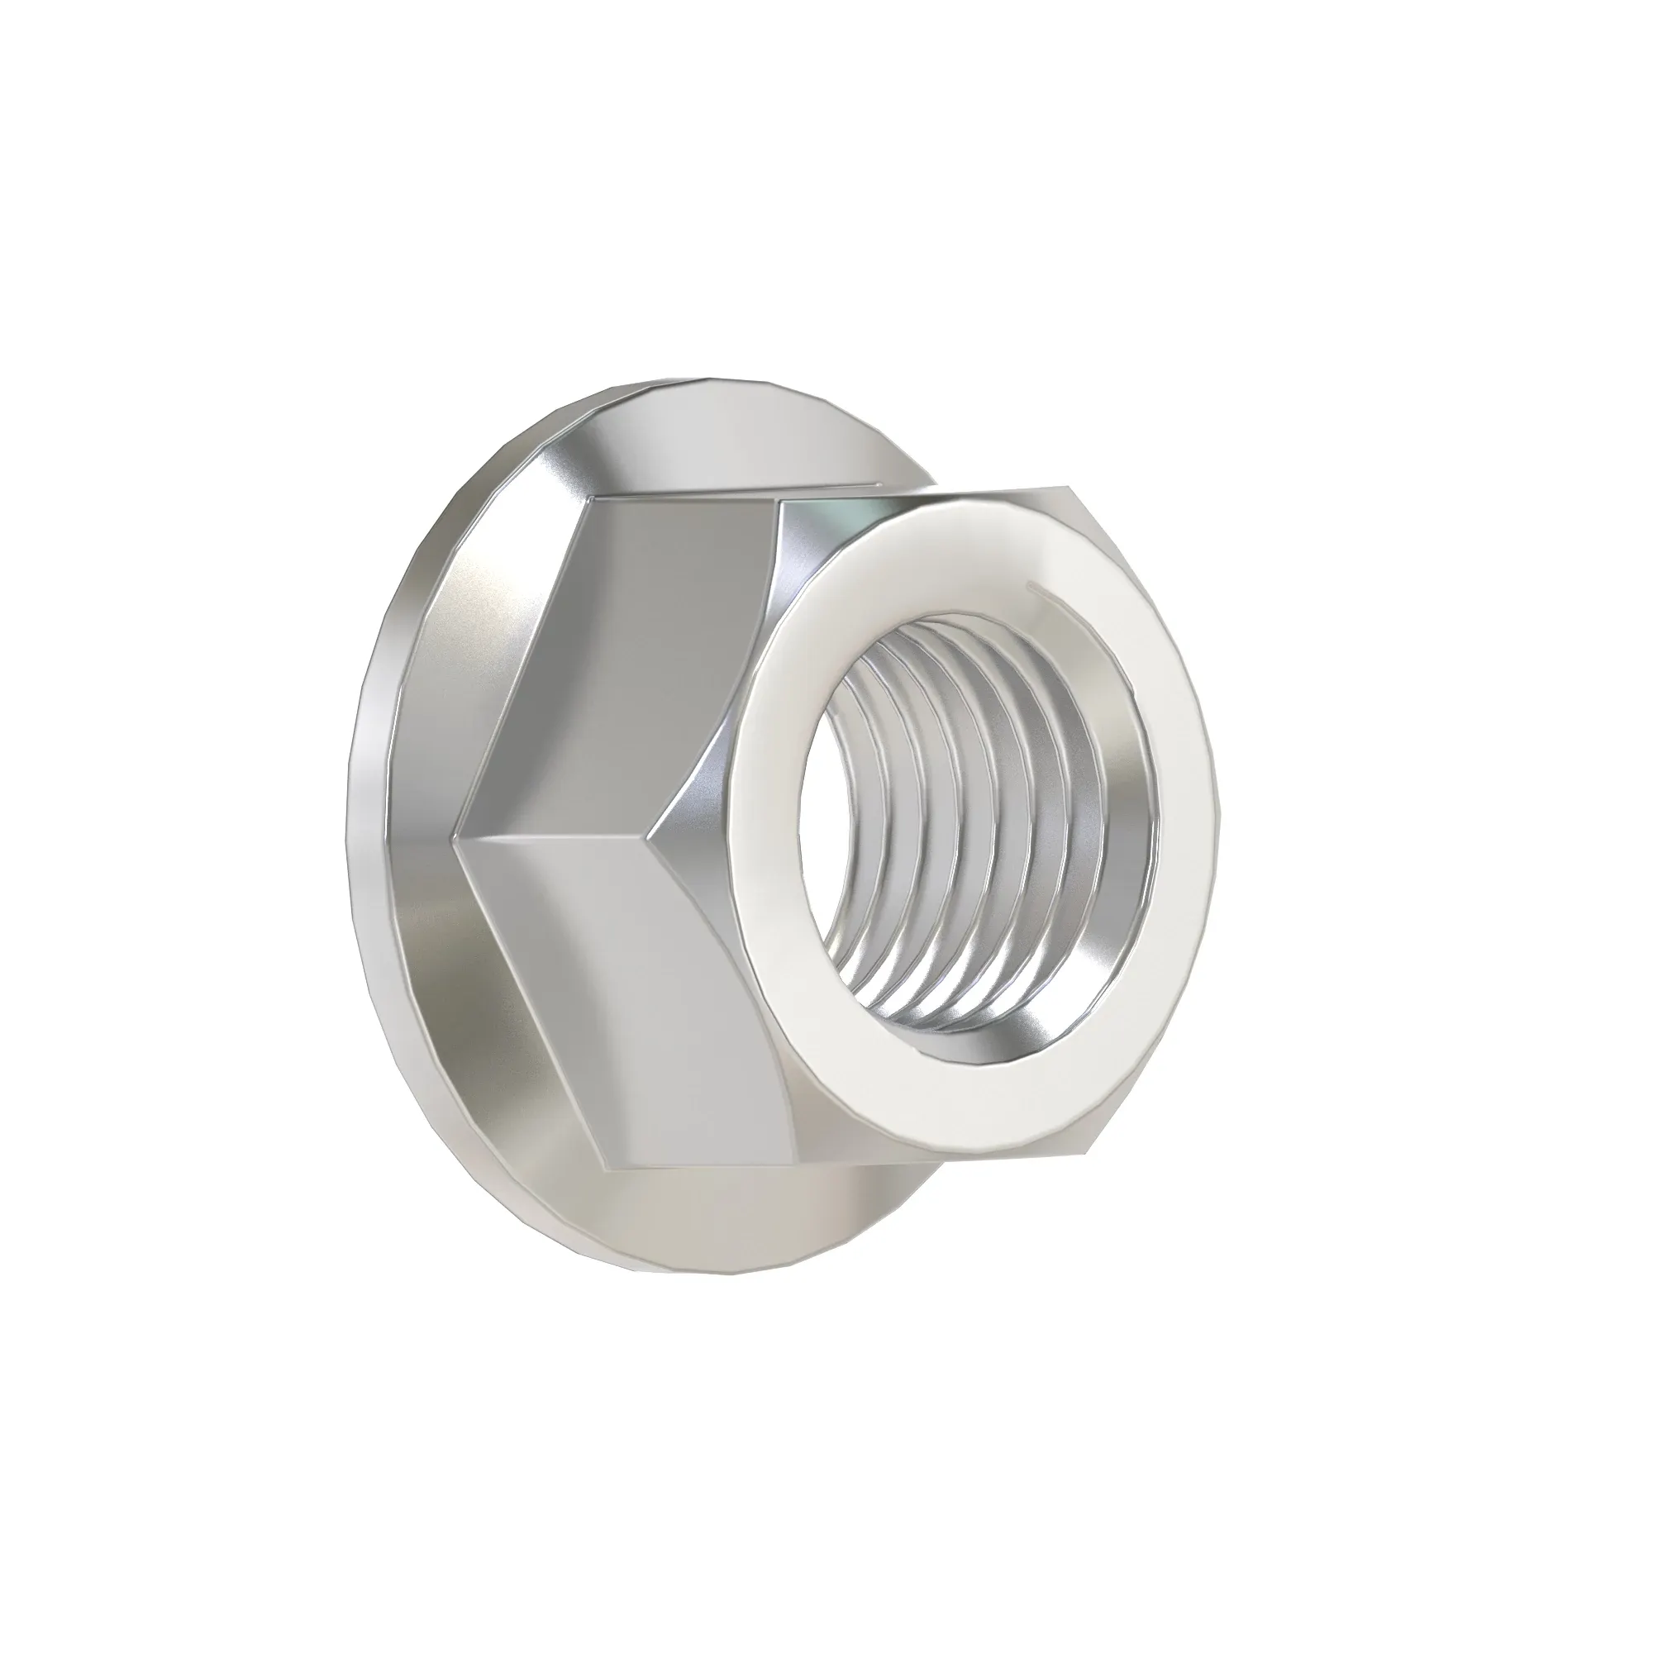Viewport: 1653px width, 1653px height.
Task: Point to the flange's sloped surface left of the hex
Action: (411, 812)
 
